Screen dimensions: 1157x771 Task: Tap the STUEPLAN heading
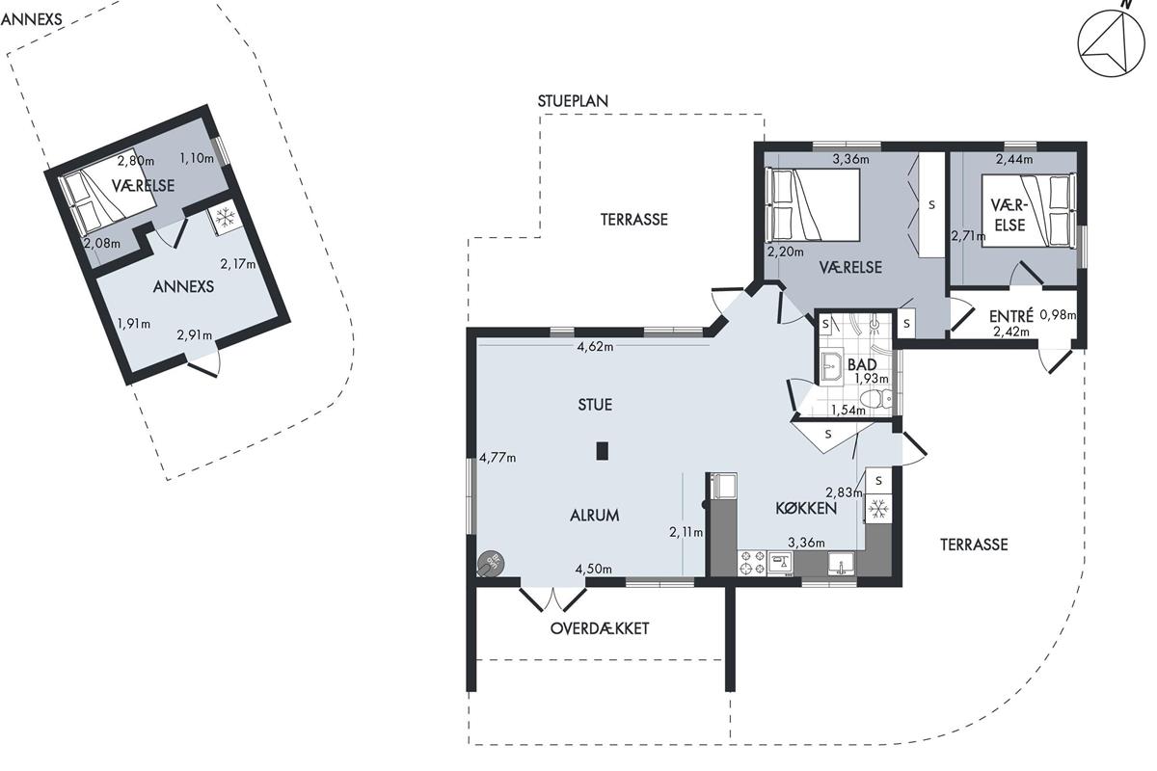click(x=573, y=101)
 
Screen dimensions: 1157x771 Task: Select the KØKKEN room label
click(x=806, y=508)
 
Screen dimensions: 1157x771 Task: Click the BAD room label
click(x=862, y=364)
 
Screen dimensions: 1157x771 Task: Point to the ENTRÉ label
click(x=1010, y=315)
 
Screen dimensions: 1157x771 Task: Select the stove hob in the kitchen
click(x=752, y=563)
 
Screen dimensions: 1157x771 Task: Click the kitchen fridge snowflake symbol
click(x=878, y=510)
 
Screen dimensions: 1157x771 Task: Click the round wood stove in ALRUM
click(x=490, y=564)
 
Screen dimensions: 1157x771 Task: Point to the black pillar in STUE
click(x=603, y=451)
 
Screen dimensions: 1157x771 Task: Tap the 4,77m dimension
click(x=498, y=458)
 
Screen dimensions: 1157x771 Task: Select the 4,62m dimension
click(x=595, y=347)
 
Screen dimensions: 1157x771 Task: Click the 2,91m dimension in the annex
click(x=194, y=335)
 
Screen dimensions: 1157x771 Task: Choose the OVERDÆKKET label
click(x=599, y=628)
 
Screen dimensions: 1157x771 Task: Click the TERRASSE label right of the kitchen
click(x=974, y=545)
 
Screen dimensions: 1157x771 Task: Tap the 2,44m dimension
click(x=1014, y=160)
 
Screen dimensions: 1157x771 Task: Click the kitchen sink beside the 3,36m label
click(x=842, y=564)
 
